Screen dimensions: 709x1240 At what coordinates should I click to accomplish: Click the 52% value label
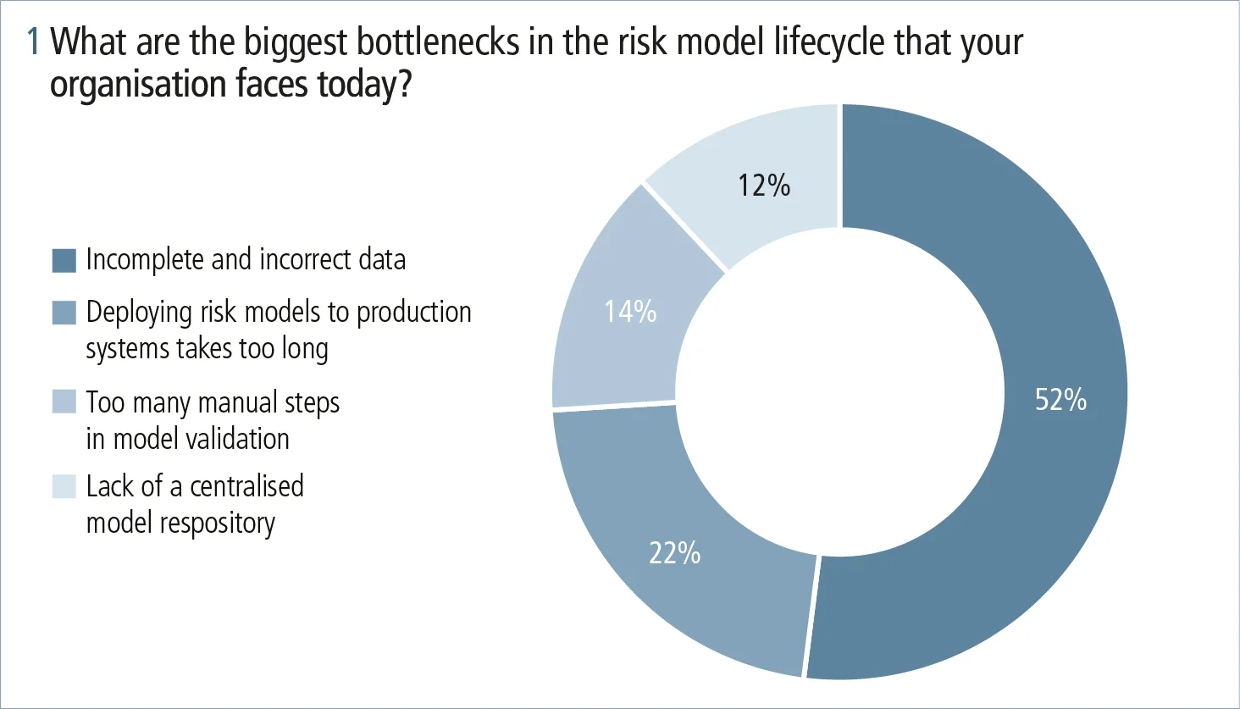point(1060,399)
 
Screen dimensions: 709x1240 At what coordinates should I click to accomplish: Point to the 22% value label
point(674,552)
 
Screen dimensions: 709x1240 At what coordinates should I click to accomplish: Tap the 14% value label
point(630,312)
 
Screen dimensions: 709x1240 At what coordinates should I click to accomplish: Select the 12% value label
point(763,185)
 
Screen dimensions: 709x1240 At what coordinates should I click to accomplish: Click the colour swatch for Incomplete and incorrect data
point(64,260)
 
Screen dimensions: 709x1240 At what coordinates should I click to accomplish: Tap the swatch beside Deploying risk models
point(64,313)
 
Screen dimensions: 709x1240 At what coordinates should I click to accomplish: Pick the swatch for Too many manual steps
point(64,402)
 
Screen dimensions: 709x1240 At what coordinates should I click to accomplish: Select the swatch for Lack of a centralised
point(64,486)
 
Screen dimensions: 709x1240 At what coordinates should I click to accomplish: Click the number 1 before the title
point(34,42)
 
